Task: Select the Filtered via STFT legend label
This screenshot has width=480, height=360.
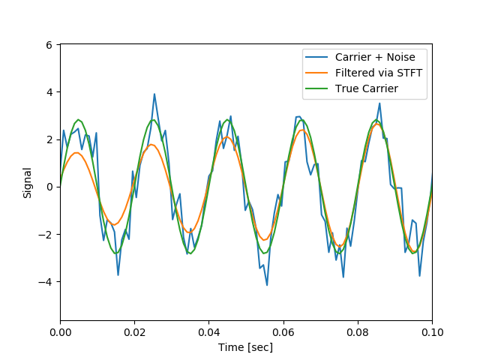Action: coord(379,73)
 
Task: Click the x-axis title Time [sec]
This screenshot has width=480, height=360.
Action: coord(245,347)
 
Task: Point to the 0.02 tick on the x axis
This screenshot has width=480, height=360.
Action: coord(134,331)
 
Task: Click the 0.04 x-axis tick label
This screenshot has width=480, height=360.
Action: coord(208,331)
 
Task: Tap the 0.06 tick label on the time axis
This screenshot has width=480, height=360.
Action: coord(283,331)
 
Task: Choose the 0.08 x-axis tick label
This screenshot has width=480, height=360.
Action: coord(357,331)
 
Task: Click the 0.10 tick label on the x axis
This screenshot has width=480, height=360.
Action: coord(431,331)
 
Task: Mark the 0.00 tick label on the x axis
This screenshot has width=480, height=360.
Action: coord(60,331)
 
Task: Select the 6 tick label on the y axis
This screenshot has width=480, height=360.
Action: coord(49,45)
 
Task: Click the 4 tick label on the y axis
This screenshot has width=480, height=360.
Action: coord(49,92)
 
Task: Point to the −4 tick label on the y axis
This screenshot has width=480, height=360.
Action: coord(46,282)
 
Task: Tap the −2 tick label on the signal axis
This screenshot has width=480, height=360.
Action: coord(46,235)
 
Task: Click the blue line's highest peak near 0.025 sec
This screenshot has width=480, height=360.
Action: coord(154,94)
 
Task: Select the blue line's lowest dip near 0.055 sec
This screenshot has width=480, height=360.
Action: coord(266,285)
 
